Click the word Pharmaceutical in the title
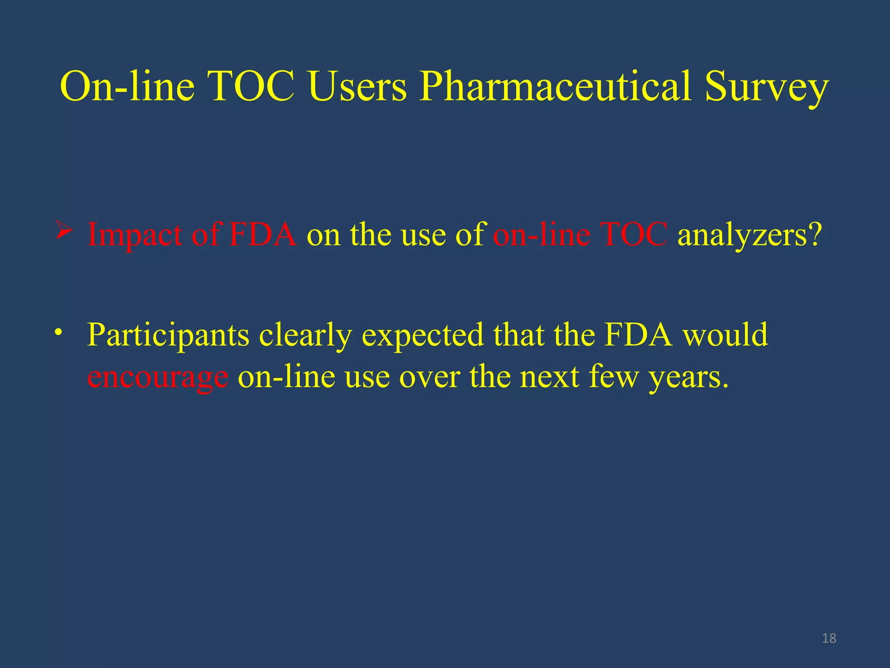tap(555, 87)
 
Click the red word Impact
tap(135, 235)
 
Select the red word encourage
tap(157, 377)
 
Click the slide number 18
tap(829, 638)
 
